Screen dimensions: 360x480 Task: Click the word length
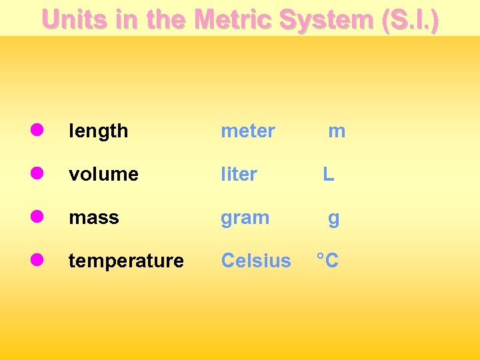[99, 131]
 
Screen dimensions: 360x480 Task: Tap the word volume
[103, 175]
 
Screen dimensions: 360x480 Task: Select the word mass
[94, 218]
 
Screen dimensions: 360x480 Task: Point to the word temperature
[126, 261]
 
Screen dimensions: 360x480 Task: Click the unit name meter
[248, 131]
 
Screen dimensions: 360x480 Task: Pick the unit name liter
[239, 175]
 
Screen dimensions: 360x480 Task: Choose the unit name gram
[245, 218]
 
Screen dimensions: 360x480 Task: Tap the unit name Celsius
[256, 261]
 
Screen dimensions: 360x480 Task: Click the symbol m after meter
[337, 131]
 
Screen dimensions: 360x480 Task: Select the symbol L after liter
[329, 175]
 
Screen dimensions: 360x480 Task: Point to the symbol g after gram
[333, 219]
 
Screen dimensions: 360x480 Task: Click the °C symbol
[327, 261]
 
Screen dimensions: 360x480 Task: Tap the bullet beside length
[37, 129]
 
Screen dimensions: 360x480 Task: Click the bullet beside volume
[37, 173]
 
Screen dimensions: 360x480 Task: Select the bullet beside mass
[37, 216]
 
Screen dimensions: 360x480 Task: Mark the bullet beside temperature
[37, 259]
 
